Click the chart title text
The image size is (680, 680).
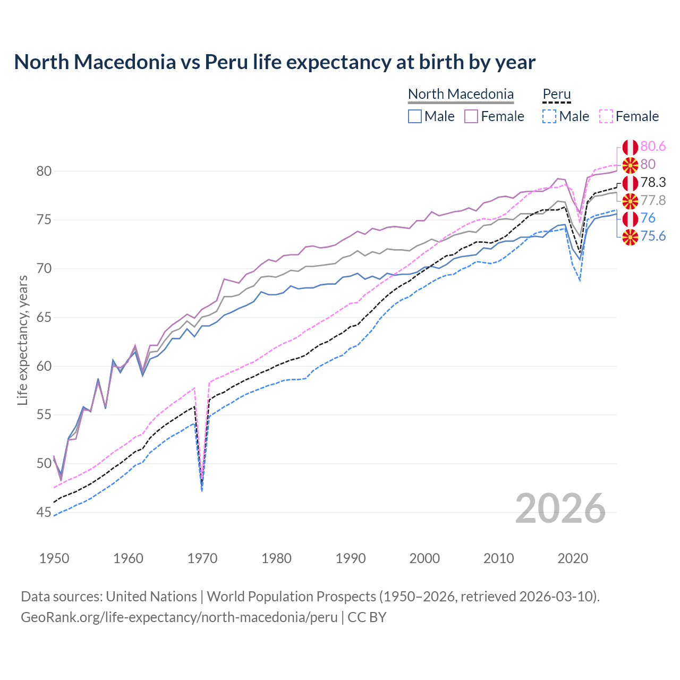click(x=275, y=62)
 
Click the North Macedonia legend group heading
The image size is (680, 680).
click(x=461, y=94)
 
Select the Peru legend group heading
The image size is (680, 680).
click(x=556, y=94)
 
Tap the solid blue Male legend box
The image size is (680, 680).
click(x=415, y=116)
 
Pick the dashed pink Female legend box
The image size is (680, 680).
click(x=606, y=116)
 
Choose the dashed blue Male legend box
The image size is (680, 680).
click(x=549, y=116)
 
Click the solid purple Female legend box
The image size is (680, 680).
click(x=471, y=116)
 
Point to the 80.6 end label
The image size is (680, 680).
click(x=653, y=146)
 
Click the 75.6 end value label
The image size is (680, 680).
click(x=653, y=236)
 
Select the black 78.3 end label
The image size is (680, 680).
click(x=653, y=182)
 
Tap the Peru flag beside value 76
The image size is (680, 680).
click(x=630, y=218)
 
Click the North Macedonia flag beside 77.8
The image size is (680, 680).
click(x=630, y=201)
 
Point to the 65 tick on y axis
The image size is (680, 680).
click(x=44, y=318)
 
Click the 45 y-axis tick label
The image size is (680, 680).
click(x=44, y=513)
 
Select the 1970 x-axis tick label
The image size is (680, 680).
click(x=202, y=558)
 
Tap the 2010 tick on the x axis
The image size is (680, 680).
click(x=498, y=558)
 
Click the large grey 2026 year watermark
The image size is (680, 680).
click(x=560, y=508)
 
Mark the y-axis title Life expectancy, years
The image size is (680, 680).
click(x=22, y=340)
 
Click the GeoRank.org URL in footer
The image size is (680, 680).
click(x=179, y=617)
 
